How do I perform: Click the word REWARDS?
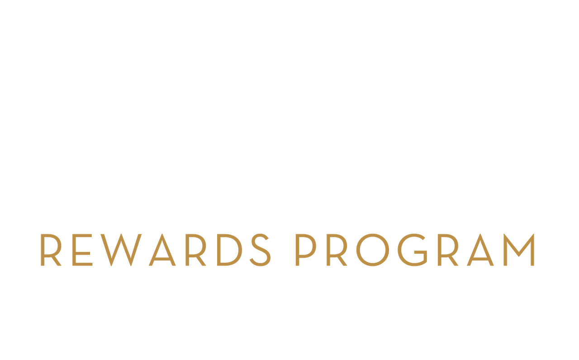156,250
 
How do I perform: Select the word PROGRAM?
415,250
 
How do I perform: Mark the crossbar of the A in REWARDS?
162,259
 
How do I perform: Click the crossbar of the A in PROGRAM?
480,259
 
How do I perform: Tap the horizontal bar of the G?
421,252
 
